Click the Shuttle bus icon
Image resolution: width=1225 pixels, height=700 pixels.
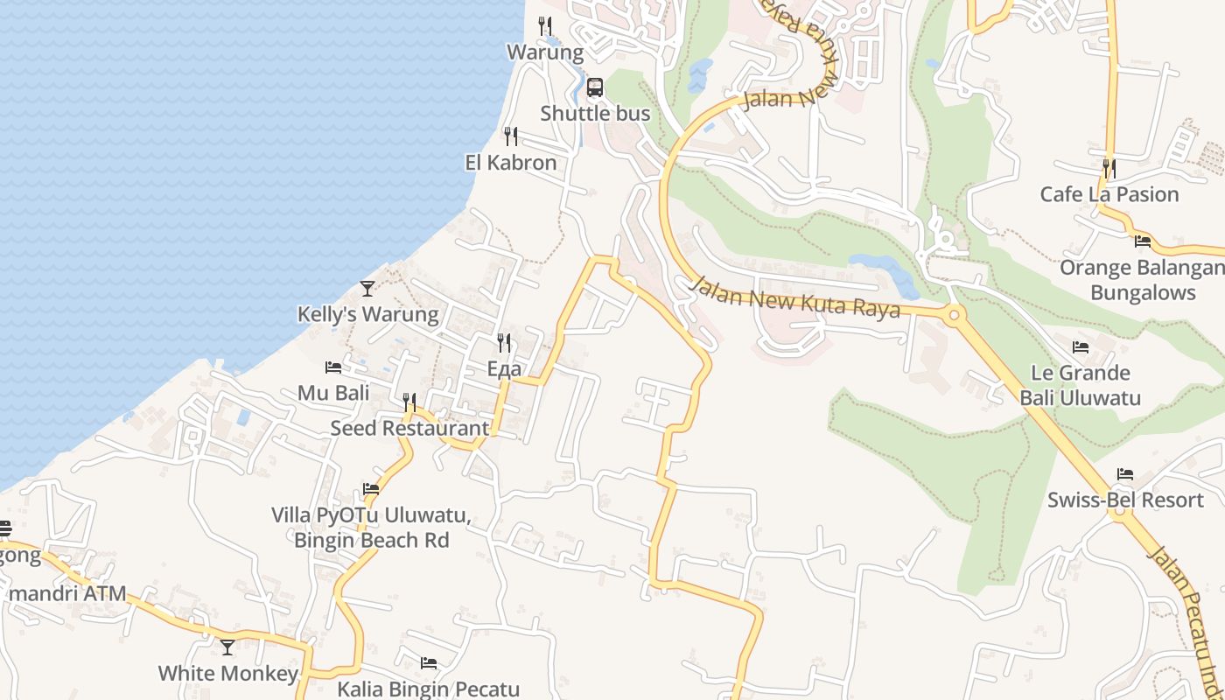(595, 87)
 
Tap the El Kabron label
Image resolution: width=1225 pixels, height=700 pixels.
(511, 163)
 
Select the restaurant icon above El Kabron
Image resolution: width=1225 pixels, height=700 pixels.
(511, 136)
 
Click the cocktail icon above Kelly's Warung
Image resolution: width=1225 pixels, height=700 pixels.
(367, 288)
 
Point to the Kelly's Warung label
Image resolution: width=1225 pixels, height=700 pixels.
(367, 314)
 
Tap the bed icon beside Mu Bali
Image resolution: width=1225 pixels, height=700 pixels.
(333, 367)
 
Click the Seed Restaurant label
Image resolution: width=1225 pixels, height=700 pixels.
(409, 428)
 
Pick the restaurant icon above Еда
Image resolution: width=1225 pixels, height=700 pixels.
(504, 342)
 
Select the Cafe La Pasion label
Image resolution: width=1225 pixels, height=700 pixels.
(1109, 194)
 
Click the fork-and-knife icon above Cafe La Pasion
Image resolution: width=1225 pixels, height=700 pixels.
(1109, 167)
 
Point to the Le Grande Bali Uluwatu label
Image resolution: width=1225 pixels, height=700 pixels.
(1081, 386)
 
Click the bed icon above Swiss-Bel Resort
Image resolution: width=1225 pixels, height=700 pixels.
(1125, 474)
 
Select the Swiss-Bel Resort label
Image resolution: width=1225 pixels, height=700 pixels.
(1125, 500)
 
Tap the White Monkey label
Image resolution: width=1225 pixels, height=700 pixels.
(227, 674)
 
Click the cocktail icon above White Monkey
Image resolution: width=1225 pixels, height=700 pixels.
(227, 647)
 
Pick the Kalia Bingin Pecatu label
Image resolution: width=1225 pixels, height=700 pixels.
(429, 689)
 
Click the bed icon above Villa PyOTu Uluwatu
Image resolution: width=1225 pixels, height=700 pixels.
(371, 489)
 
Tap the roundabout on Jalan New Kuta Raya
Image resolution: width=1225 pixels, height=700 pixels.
(954, 314)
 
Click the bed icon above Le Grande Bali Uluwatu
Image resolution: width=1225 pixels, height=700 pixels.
(1081, 347)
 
